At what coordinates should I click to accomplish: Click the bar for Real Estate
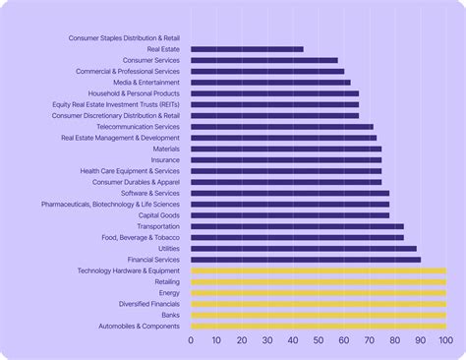pos(247,49)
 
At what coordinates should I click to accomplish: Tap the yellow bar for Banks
pos(319,315)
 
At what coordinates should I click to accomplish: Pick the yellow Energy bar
pos(319,293)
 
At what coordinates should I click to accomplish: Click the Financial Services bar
pos(306,260)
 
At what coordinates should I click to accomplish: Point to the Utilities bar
pos(304,249)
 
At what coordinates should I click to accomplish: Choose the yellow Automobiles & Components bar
pos(319,327)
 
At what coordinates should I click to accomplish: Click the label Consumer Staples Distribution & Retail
pos(124,38)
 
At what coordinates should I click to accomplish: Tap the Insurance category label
pos(165,159)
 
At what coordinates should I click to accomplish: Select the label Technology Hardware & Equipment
pos(129,270)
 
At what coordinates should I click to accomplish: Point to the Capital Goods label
pos(158,215)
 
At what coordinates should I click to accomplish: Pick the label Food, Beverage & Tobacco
pos(141,238)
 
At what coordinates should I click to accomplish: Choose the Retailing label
pos(167,282)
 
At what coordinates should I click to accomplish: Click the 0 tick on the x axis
pos(191,341)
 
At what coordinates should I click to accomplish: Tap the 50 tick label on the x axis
pos(319,341)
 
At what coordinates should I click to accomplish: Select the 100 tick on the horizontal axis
pos(445,341)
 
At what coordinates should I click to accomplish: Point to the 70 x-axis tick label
pos(370,341)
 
